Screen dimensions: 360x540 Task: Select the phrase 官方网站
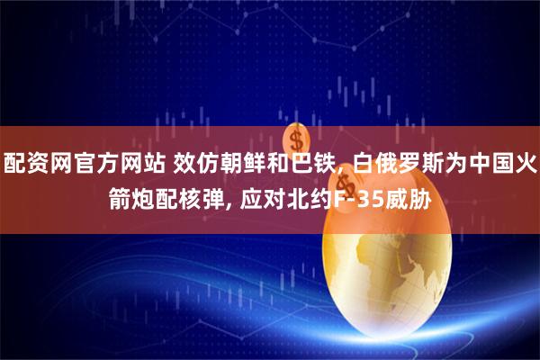[119, 164]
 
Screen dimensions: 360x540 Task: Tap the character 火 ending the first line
[527, 164]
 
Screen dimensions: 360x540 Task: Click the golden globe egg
[378, 270]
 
